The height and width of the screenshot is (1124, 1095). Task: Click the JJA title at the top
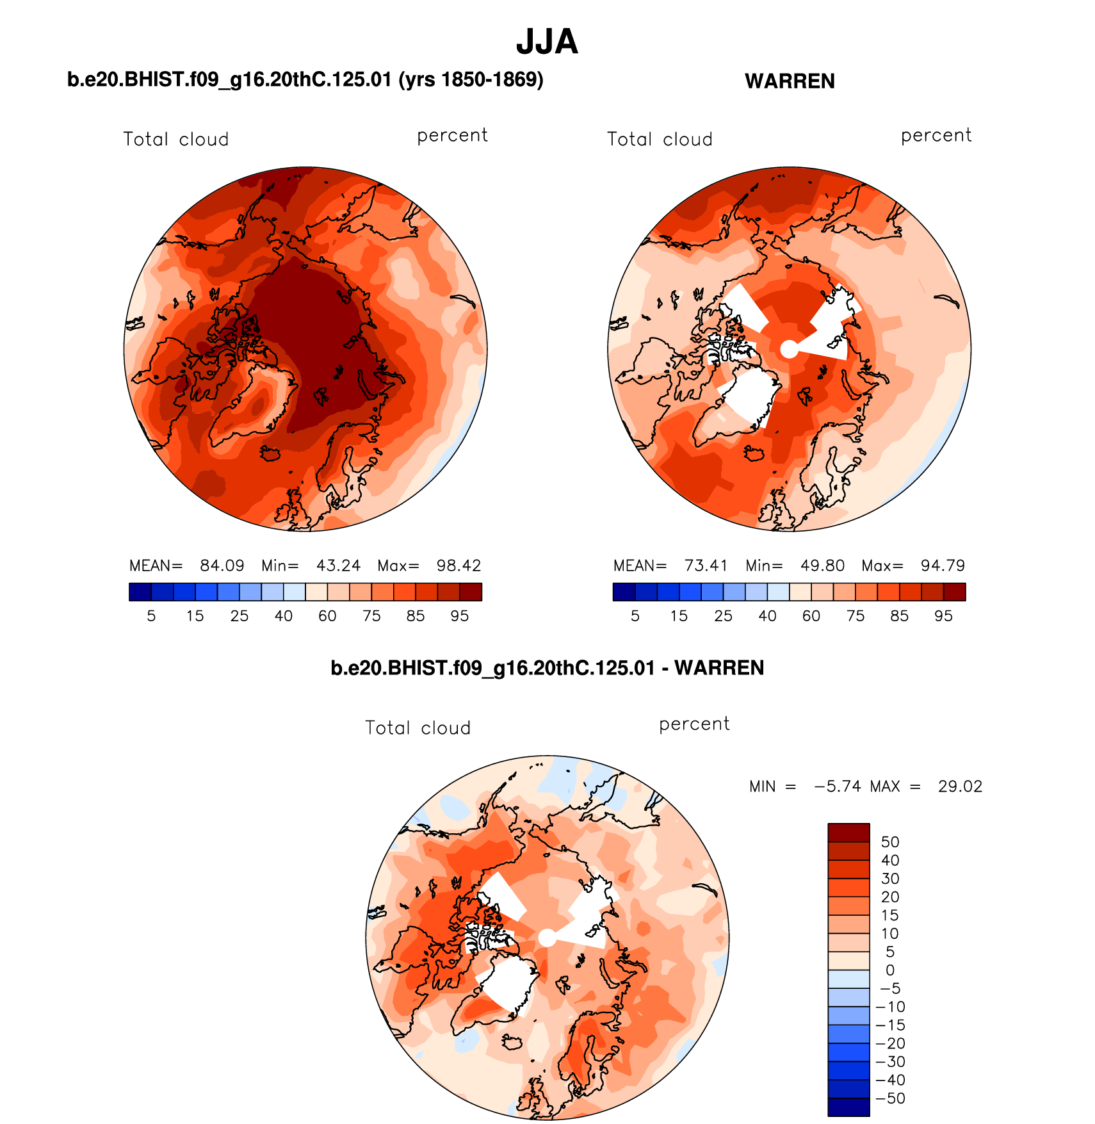pyautogui.click(x=547, y=42)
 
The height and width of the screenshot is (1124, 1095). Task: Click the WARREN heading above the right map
pyautogui.click(x=790, y=81)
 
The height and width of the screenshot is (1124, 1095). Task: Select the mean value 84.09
pyautogui.click(x=222, y=566)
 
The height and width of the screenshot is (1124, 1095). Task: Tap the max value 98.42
pyautogui.click(x=458, y=566)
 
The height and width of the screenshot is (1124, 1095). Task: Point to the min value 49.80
pyautogui.click(x=822, y=566)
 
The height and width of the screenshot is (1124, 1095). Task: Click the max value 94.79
pyautogui.click(x=943, y=566)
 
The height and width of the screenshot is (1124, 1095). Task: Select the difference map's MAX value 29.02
pyautogui.click(x=960, y=786)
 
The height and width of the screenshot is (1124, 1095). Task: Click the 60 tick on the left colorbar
pyautogui.click(x=327, y=616)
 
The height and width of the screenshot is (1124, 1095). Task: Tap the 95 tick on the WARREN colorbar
pyautogui.click(x=943, y=616)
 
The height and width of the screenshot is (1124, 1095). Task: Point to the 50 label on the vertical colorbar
pyautogui.click(x=890, y=842)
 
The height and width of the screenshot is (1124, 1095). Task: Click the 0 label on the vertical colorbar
pyautogui.click(x=890, y=970)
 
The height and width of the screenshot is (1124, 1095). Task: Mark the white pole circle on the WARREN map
pyautogui.click(x=789, y=349)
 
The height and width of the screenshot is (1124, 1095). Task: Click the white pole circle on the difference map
pyautogui.click(x=547, y=938)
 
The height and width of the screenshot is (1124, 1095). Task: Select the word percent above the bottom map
pyautogui.click(x=694, y=724)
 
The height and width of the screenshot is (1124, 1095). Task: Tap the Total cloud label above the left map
pyautogui.click(x=176, y=140)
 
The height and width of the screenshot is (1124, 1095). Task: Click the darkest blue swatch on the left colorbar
pyautogui.click(x=140, y=592)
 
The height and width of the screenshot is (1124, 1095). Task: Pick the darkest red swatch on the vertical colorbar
pyautogui.click(x=848, y=833)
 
